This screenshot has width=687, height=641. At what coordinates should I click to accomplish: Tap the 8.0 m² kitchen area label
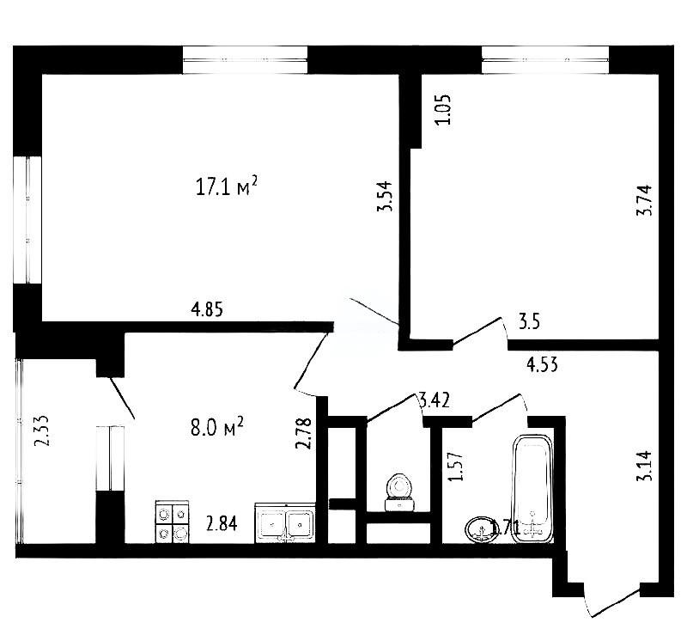pos(217,427)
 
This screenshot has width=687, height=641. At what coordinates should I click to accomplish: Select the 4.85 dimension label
pos(206,310)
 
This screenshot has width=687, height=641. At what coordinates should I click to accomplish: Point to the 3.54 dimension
pos(388,197)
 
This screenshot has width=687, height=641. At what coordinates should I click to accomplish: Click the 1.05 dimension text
pos(443,109)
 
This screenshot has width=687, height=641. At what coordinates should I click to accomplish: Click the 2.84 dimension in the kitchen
pos(221,522)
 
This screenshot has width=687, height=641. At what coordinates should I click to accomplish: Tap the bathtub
pos(533,488)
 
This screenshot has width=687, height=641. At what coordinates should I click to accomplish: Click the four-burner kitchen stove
pos(172,522)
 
